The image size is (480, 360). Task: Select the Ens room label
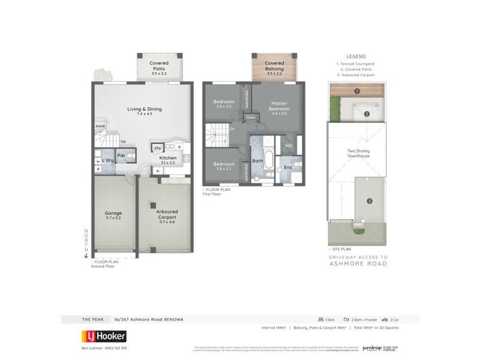pos(288,166)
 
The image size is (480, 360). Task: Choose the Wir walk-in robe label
pos(288,145)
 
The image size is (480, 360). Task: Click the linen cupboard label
pos(250,118)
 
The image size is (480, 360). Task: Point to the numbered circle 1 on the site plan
pos(357,91)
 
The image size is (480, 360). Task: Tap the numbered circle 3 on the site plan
pos(370,200)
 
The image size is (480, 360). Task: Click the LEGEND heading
pos(356,56)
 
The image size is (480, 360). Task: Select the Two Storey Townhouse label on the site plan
pos(358,154)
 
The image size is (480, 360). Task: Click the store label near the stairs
pos(100,126)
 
